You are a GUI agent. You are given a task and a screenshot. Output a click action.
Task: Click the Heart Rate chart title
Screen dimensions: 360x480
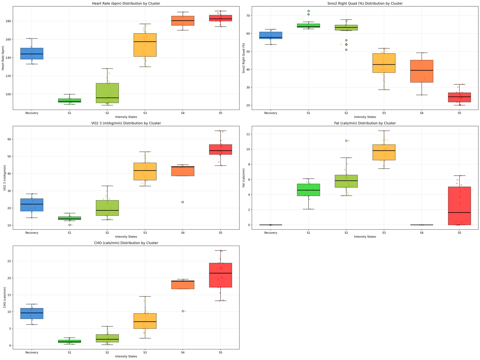pyautogui.click(x=126, y=3)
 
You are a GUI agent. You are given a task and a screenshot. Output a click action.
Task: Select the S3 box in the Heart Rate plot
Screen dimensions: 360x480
pyautogui.click(x=145, y=45)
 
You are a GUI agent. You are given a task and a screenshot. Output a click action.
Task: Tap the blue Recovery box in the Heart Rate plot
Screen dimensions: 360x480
pyautogui.click(x=32, y=54)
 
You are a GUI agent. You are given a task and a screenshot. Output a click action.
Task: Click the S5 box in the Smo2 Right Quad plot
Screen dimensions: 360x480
pyautogui.click(x=459, y=97)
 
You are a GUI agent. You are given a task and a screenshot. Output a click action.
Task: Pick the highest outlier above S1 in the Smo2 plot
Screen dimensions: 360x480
pyautogui.click(x=308, y=11)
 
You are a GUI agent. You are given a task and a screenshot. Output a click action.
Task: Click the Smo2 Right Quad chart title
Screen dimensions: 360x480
pyautogui.click(x=365, y=3)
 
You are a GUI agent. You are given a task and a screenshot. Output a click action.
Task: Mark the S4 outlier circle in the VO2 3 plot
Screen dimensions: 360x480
pyautogui.click(x=183, y=202)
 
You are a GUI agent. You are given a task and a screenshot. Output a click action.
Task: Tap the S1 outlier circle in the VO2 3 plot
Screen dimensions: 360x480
pyautogui.click(x=70, y=225)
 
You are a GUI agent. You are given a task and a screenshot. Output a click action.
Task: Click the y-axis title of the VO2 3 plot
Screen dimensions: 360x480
pyautogui.click(x=5, y=178)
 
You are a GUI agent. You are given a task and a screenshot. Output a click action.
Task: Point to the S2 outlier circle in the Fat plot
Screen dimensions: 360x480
pyautogui.click(x=346, y=141)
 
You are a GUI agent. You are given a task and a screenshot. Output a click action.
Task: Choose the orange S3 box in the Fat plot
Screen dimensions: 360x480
pyautogui.click(x=384, y=152)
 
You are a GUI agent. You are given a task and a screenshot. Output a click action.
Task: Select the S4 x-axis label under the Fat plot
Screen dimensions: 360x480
pyautogui.click(x=422, y=233)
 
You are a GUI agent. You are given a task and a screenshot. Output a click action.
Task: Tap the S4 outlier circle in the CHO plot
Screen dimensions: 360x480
pyautogui.click(x=183, y=311)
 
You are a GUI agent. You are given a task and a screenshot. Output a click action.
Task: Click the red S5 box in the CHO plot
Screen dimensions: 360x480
pyautogui.click(x=220, y=275)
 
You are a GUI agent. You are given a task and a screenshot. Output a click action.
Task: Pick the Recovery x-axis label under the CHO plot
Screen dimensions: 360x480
pyautogui.click(x=32, y=352)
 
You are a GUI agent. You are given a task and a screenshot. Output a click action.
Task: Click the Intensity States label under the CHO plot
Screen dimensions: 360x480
pyautogui.click(x=126, y=356)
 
